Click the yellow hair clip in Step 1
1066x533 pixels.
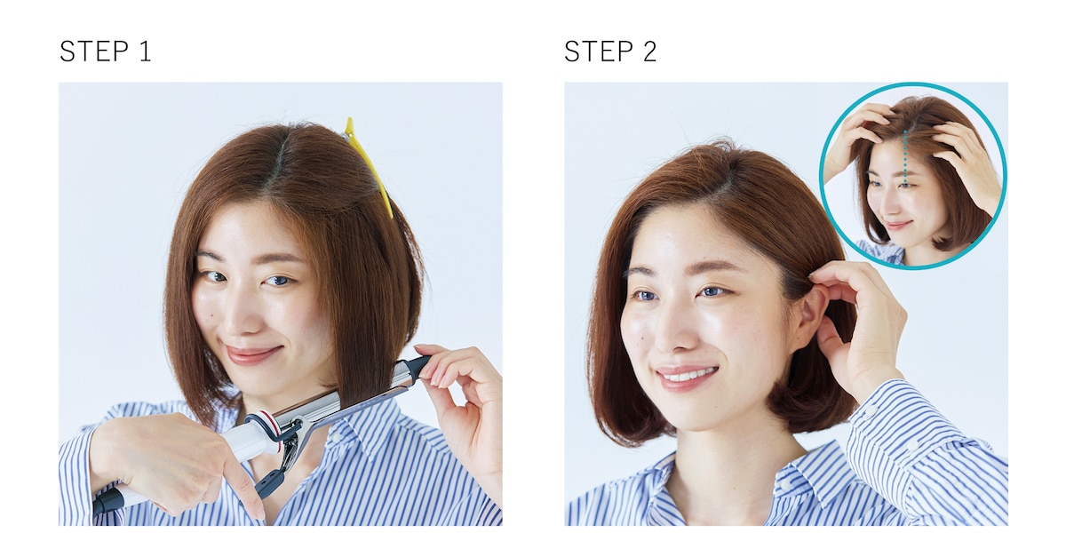click(x=369, y=164)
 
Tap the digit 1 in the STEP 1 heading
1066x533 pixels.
click(x=145, y=52)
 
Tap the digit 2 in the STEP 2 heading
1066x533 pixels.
click(x=650, y=52)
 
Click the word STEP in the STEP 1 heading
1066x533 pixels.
click(x=94, y=52)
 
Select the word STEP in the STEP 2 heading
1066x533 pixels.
click(x=599, y=52)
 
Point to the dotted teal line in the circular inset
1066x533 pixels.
click(x=905, y=158)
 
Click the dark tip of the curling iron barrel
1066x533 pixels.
click(x=419, y=365)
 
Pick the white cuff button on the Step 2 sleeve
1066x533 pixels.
click(x=871, y=410)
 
